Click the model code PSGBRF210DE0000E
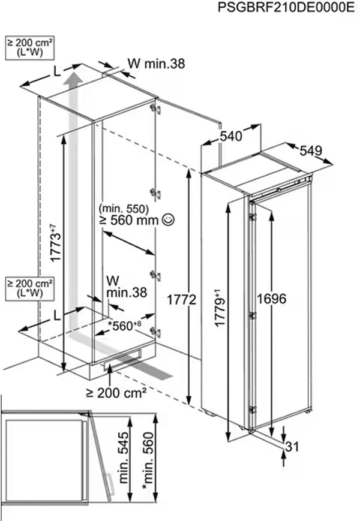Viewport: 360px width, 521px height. click(286, 7)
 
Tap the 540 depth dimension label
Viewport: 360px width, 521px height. click(231, 136)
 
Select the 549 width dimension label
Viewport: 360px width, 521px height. click(311, 151)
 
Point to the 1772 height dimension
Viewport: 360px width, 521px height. click(181, 300)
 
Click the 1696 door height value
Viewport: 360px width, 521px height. click(271, 299)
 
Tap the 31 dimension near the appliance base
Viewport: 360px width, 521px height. click(292, 447)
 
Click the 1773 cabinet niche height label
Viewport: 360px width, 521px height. click(56, 243)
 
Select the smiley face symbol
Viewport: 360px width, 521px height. click(167, 219)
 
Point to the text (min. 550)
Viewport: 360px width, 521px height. click(124, 209)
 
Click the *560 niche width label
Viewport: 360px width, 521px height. click(125, 326)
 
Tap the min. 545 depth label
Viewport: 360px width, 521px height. click(123, 457)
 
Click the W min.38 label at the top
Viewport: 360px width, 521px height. click(156, 64)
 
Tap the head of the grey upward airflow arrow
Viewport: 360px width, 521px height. click(73, 79)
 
